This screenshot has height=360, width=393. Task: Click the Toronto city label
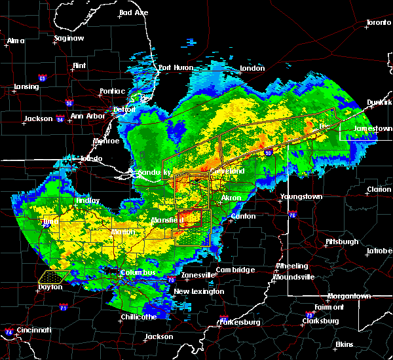tap(378, 23)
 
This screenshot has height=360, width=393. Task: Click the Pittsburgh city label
tap(342, 242)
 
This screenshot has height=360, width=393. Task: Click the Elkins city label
tap(344, 344)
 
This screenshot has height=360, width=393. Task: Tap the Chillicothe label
tap(138, 317)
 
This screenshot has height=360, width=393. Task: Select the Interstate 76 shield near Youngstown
tap(292, 215)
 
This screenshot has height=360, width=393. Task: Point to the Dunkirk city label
tap(380, 102)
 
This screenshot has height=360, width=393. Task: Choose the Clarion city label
tap(379, 189)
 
